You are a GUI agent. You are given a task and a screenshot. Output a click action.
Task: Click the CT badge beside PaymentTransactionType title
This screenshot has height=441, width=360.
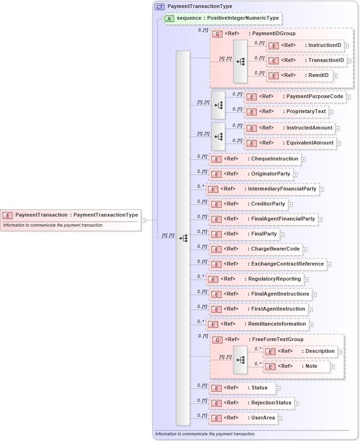pos(160,7)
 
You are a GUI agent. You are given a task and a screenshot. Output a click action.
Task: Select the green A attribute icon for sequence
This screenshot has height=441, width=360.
pos(169,18)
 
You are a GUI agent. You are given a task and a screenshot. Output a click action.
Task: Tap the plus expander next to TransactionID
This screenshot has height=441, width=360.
pos(349,61)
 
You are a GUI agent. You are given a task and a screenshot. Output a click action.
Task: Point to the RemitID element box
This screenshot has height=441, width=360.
pos(299,76)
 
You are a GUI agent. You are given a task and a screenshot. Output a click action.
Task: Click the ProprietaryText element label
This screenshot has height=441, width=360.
pos(308,112)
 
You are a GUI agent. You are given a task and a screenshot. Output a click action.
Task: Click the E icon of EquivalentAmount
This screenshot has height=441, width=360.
pos(252,143)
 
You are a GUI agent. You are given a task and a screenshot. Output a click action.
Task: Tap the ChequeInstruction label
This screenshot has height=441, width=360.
pos(275,159)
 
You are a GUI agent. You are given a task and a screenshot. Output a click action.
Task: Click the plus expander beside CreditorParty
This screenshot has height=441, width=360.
pos(290,204)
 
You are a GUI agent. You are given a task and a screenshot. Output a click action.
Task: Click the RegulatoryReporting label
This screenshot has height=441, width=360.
pos(275,279)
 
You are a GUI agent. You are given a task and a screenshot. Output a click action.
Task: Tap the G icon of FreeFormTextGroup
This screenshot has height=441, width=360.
pos(217,340)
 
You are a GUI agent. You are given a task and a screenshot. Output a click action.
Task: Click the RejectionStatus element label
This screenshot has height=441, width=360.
pos(271,403)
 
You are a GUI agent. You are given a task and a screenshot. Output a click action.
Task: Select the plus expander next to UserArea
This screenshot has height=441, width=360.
pos(280,418)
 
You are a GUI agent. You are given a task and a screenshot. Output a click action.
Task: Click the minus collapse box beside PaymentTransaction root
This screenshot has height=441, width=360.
pos(143,220)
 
